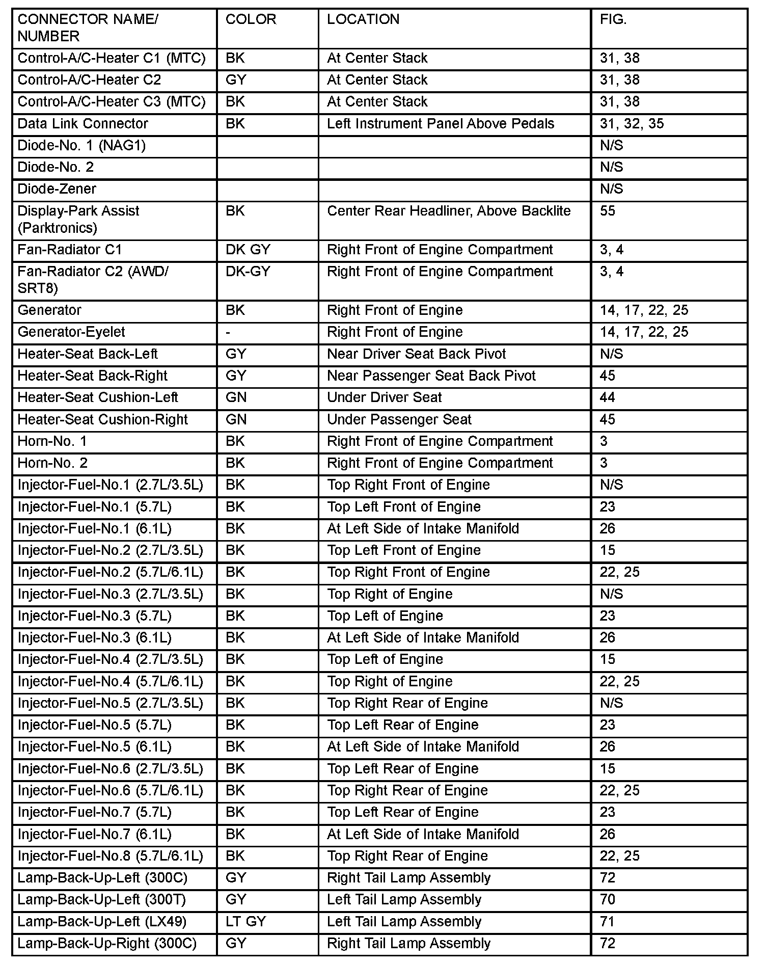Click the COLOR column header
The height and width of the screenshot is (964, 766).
[x=251, y=19]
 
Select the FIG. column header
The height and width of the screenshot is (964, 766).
[x=613, y=19]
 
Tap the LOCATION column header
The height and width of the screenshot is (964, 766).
[x=363, y=19]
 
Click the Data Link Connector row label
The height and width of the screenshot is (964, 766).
[x=83, y=124]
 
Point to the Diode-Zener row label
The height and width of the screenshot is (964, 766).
[x=57, y=189]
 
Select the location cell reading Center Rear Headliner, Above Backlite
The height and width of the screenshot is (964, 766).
[x=449, y=211]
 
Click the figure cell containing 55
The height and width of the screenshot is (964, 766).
[x=608, y=211]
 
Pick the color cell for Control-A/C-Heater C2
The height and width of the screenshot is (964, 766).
[x=236, y=80]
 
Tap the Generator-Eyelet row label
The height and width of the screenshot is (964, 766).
[x=71, y=332]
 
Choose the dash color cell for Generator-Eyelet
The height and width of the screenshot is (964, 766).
[x=228, y=332]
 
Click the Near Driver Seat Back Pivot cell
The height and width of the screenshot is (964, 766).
[x=417, y=354]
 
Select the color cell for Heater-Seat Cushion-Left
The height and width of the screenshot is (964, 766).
[x=236, y=397]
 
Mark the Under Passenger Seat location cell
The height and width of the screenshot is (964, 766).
[x=399, y=419]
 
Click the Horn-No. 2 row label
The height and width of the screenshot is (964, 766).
[x=52, y=463]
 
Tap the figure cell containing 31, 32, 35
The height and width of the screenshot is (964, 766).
[x=632, y=124]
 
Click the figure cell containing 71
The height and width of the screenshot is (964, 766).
[x=607, y=922]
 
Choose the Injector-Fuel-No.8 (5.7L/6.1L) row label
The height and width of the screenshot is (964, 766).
[x=110, y=856]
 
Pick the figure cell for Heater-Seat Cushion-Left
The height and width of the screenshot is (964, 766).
[x=608, y=397]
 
